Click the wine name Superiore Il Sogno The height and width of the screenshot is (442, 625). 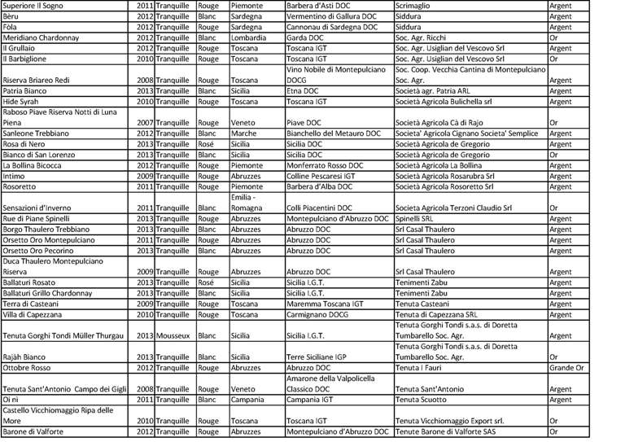point(37,6)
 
